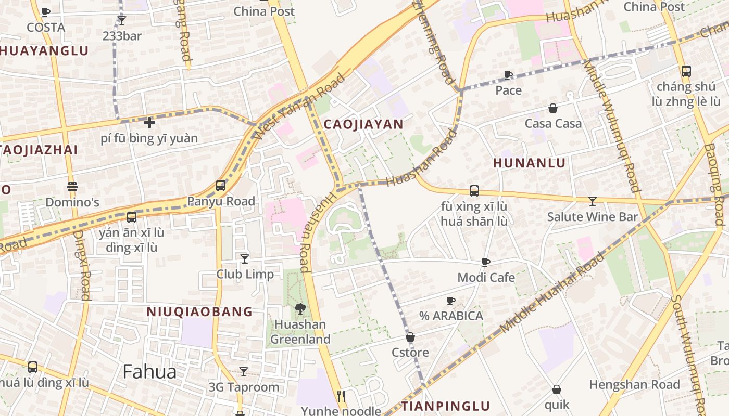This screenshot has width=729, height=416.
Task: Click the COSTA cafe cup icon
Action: (x=45, y=12)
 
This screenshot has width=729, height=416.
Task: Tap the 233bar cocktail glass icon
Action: (x=122, y=21)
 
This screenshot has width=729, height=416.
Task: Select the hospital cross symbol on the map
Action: (x=149, y=123)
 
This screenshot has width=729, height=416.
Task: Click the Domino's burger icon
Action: (x=72, y=187)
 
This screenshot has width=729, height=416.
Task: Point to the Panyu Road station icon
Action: (x=221, y=186)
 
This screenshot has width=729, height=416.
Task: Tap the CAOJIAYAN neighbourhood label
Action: (x=363, y=124)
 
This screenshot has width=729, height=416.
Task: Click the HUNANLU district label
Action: (x=529, y=163)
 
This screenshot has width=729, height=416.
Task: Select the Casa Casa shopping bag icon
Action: (x=553, y=108)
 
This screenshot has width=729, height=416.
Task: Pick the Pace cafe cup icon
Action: (x=508, y=75)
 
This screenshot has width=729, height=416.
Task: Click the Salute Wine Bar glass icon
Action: (x=592, y=201)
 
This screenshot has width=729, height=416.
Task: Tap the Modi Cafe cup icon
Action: (x=485, y=262)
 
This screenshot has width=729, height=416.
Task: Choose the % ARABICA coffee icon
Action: (x=451, y=301)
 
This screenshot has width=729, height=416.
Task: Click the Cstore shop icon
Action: (x=410, y=337)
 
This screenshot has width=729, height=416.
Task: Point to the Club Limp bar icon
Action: (x=244, y=258)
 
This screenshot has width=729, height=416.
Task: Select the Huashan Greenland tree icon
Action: (x=300, y=309)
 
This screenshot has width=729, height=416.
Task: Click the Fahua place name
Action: (x=149, y=372)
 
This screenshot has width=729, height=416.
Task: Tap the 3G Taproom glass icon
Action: (x=243, y=371)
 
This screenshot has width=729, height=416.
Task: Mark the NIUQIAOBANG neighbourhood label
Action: (x=199, y=312)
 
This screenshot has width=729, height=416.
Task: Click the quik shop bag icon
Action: (x=557, y=389)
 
